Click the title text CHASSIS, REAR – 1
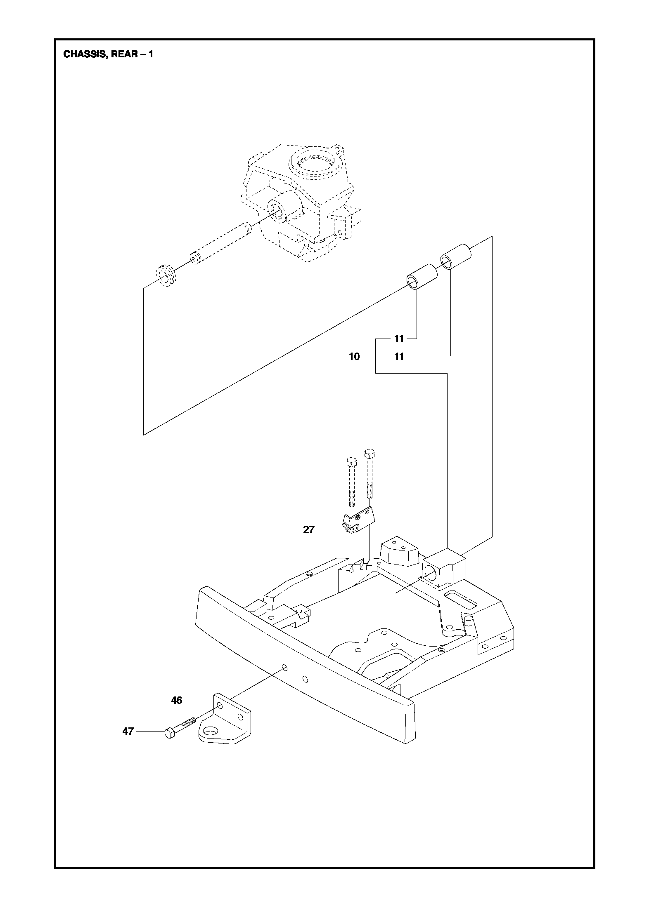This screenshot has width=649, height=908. (108, 54)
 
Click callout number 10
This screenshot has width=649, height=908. (354, 357)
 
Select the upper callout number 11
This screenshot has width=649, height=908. (399, 339)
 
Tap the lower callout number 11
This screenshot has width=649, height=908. (399, 357)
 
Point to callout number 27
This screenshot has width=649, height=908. (309, 529)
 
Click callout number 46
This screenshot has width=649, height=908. (177, 700)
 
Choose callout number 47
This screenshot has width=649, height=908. (128, 731)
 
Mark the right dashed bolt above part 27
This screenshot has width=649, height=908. (370, 474)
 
